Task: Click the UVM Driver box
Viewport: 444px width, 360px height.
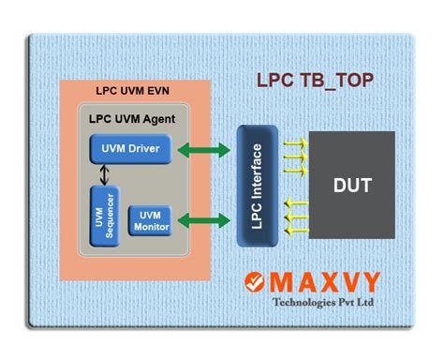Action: tap(130, 148)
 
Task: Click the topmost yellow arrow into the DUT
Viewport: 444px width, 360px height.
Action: tap(295, 141)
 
